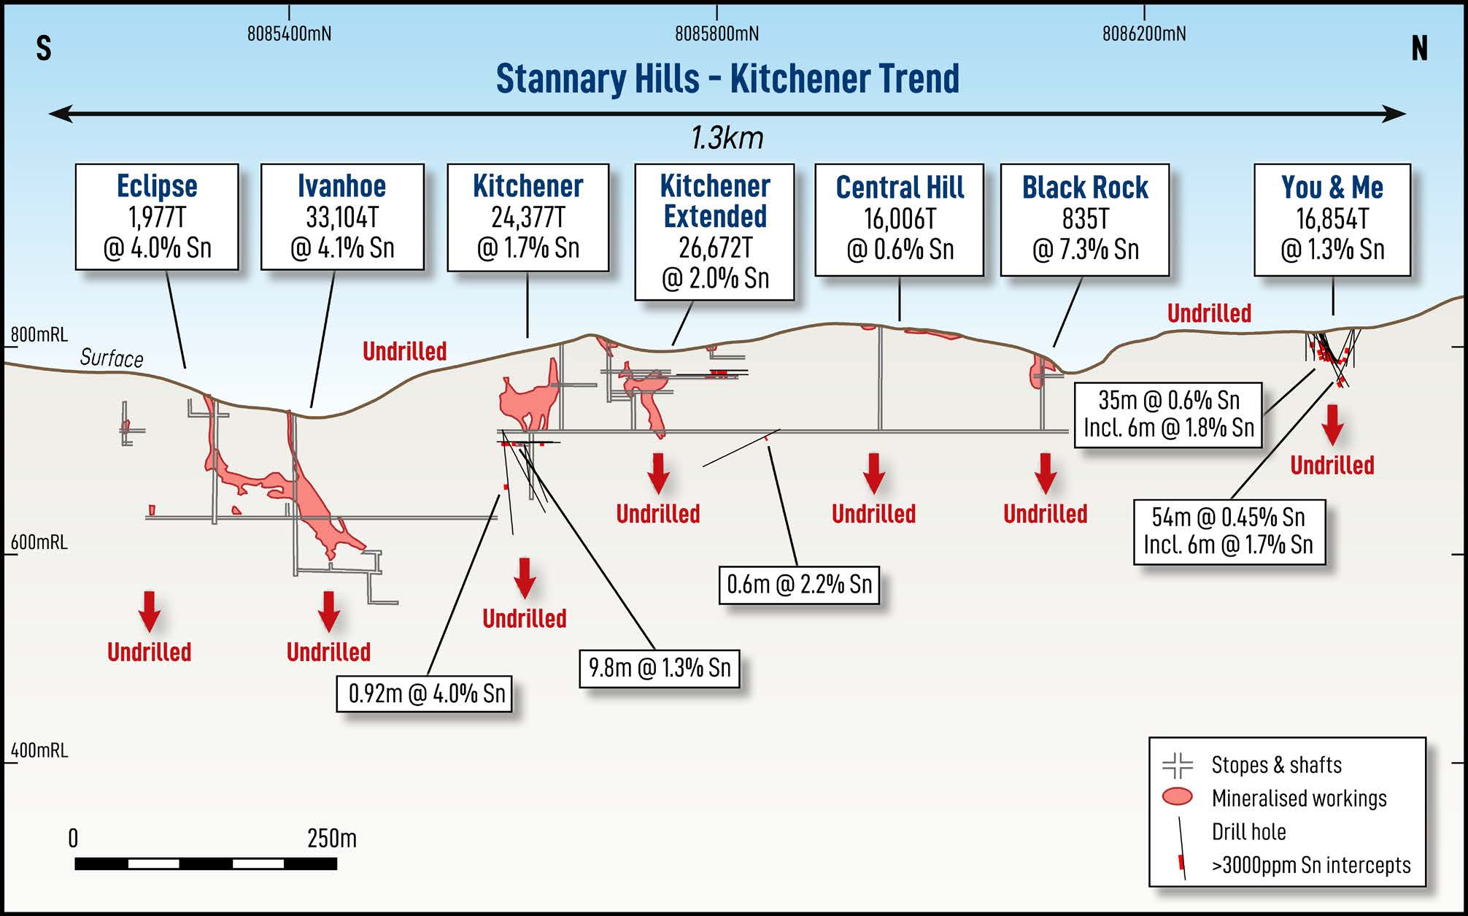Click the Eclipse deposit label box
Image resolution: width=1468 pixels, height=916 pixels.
pos(157,217)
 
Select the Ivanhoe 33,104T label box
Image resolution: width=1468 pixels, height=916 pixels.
pos(342,217)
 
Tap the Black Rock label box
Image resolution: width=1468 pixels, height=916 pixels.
pos(1085,219)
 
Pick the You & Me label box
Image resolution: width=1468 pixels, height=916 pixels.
pos(1332,219)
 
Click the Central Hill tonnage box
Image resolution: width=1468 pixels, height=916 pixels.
pos(899,219)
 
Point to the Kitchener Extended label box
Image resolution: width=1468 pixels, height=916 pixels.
pos(714,231)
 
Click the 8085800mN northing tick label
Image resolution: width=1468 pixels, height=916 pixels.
pos(716,34)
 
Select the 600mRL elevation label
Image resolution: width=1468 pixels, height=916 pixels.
pos(39,542)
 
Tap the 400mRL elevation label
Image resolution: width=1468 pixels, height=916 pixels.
pos(39,750)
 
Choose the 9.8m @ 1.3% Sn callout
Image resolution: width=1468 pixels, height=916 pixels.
pos(660,668)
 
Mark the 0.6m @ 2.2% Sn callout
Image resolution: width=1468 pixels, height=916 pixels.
pos(799,585)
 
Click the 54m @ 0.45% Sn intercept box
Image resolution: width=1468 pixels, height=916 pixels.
pos(1229,531)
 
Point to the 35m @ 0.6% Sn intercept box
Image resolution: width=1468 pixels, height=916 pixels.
pos(1168,414)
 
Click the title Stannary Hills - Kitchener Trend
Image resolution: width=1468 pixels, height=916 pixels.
pos(727,79)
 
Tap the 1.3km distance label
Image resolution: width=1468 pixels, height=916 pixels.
pos(727,138)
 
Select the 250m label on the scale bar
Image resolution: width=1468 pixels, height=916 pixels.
pos(332,838)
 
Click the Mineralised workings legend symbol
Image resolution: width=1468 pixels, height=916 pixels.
pos(1177,796)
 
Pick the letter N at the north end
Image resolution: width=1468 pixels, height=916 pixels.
pos(1419,48)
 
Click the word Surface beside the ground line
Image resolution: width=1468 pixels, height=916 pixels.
pos(112,358)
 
